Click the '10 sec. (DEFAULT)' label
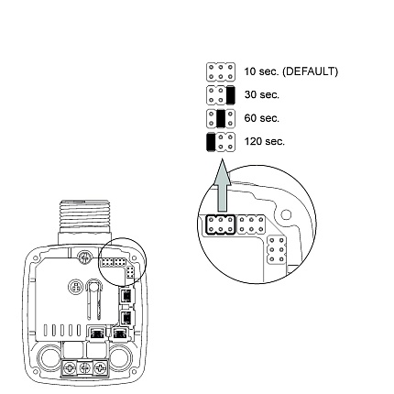[290, 71]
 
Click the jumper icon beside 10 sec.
[221, 71]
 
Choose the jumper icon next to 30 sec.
[221, 94]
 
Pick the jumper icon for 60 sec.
[221, 118]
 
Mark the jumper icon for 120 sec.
[221, 141]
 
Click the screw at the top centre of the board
[83, 256]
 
